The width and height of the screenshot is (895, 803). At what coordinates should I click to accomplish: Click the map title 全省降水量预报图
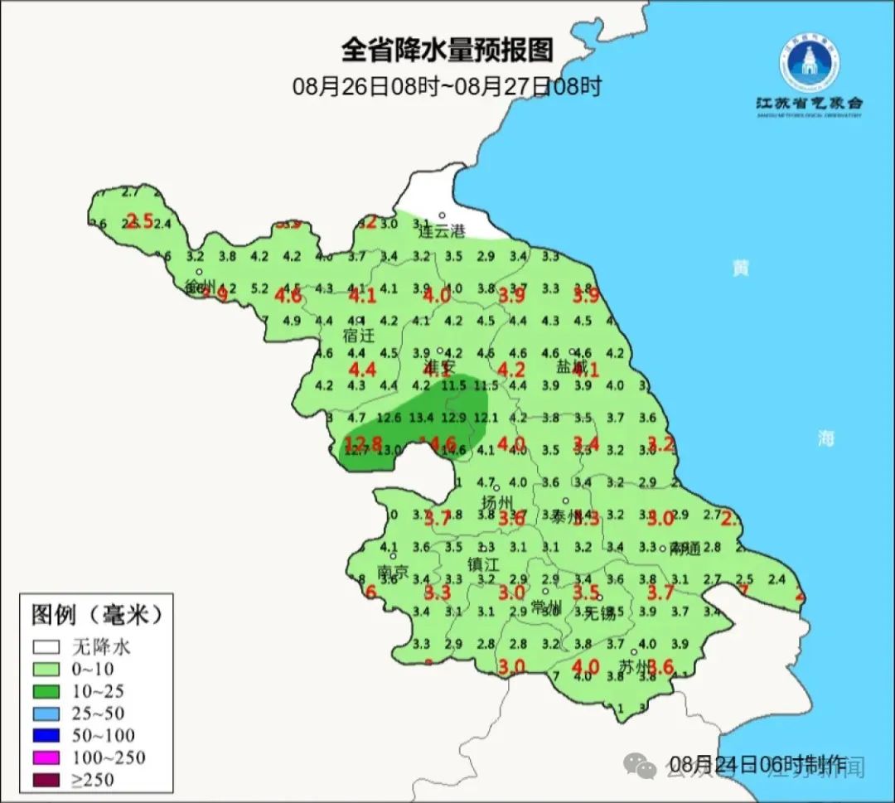(x=447, y=51)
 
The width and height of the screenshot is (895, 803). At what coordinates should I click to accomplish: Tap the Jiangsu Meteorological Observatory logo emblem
(x=809, y=62)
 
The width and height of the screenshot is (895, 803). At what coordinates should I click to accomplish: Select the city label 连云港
(x=442, y=232)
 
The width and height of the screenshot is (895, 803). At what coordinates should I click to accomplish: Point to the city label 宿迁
(x=359, y=336)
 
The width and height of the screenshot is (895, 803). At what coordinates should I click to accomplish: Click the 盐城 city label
(x=572, y=366)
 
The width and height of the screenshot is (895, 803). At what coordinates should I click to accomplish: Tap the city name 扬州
(x=498, y=502)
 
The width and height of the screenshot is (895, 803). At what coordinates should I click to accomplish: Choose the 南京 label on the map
(x=393, y=572)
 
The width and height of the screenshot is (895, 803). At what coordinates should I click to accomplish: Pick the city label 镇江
(x=483, y=564)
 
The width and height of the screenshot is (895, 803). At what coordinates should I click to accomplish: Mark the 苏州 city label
(x=636, y=666)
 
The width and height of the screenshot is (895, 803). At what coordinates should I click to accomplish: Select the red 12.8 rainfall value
(x=363, y=443)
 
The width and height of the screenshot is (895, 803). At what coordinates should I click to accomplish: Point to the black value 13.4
(x=422, y=416)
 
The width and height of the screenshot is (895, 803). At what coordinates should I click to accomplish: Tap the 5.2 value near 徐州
(x=259, y=288)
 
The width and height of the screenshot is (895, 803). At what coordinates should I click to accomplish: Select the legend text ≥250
(x=94, y=779)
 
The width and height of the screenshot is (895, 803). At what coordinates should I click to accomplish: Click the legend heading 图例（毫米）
(x=97, y=615)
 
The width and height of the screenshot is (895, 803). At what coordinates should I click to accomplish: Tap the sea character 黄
(x=739, y=268)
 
